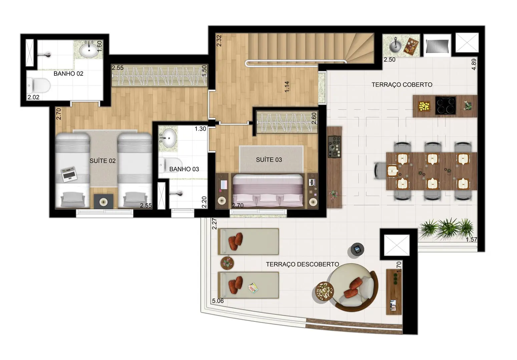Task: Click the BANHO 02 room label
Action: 68,74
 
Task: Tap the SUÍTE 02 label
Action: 102,161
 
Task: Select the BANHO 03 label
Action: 184,169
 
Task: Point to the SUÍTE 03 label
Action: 269,160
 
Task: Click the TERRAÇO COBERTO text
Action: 402,85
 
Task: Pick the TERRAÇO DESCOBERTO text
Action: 302,264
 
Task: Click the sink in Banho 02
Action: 89,50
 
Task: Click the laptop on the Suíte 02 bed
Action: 69,174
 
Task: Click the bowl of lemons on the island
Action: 424,106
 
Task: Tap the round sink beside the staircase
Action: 395,46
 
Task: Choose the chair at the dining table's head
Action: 380,170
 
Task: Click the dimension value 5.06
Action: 218,301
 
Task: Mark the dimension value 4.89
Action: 474,64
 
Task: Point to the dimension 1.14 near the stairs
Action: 287,87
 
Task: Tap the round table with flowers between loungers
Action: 227,263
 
